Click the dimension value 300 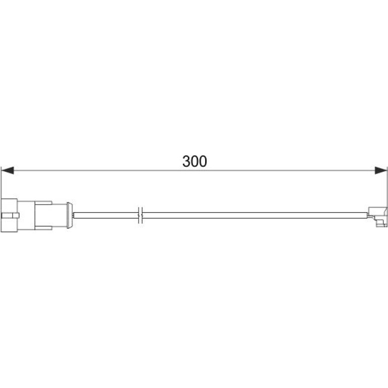tap(195, 161)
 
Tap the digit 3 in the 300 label tap(186, 161)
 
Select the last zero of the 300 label tap(203, 161)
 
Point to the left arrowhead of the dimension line tap(8, 170)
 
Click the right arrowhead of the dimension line tap(381, 170)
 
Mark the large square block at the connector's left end tap(9, 215)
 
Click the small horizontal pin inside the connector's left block tap(11, 215)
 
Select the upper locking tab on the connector tap(43, 203)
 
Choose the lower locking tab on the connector tap(43, 228)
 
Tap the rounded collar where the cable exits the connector tap(70, 215)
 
